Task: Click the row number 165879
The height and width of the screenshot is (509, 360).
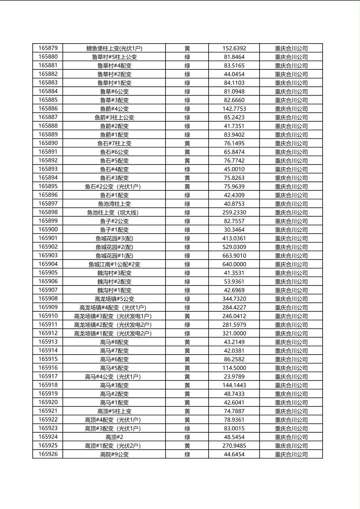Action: coord(48,48)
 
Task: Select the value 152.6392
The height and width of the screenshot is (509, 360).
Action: coord(234,48)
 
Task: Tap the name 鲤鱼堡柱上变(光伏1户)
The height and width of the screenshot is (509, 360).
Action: coord(114,48)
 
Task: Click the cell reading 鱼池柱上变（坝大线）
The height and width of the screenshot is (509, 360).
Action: coord(114,213)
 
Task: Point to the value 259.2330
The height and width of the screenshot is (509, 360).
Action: coord(234,213)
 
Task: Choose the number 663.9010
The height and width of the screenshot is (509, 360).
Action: coord(234,256)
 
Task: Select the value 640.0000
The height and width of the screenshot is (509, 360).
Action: coord(234,264)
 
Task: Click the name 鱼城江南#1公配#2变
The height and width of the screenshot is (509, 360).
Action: coord(114,265)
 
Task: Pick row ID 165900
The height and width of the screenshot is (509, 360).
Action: coord(48,229)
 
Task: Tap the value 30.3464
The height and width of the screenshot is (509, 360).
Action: coord(234,230)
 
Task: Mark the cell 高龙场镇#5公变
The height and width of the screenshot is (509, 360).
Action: coord(114,299)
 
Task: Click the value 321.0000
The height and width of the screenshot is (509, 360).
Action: coord(234,334)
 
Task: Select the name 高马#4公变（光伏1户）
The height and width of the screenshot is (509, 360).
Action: coord(114,377)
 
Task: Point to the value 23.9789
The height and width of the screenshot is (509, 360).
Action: coord(234,377)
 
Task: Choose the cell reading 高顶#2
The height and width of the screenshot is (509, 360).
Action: coord(114,437)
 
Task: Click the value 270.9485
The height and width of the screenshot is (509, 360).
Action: coord(234,446)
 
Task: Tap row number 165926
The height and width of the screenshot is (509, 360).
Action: coord(48,454)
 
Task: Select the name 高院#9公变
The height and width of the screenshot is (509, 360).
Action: coord(114,455)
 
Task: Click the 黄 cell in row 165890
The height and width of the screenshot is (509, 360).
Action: coord(187,143)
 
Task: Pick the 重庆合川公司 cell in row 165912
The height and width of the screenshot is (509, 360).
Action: coord(291,334)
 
